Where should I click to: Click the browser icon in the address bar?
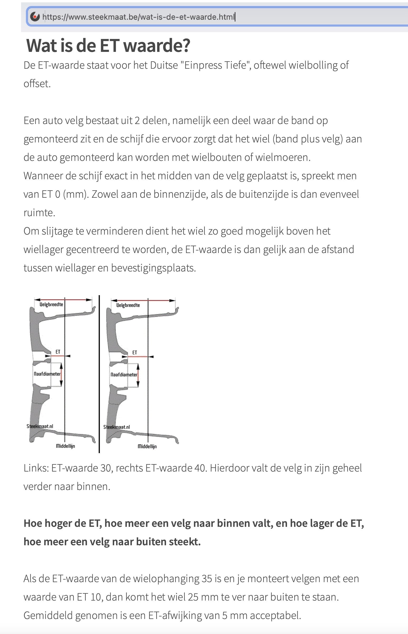click(35, 17)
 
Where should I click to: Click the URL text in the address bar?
click(139, 17)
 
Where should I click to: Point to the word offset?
click(37, 84)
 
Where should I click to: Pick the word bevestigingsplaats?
click(153, 268)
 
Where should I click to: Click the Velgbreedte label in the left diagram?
click(51, 305)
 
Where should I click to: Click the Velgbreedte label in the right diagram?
click(128, 305)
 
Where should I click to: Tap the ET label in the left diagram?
click(58, 352)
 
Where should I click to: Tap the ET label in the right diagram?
click(135, 353)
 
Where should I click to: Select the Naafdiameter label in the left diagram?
click(47, 374)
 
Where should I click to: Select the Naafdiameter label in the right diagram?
click(124, 375)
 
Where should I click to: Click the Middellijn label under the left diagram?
click(65, 446)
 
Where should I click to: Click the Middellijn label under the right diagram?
click(147, 447)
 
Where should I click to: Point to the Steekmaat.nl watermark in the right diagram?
click(116, 427)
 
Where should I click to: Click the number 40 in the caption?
click(200, 468)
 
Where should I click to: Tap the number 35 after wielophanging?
click(207, 579)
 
